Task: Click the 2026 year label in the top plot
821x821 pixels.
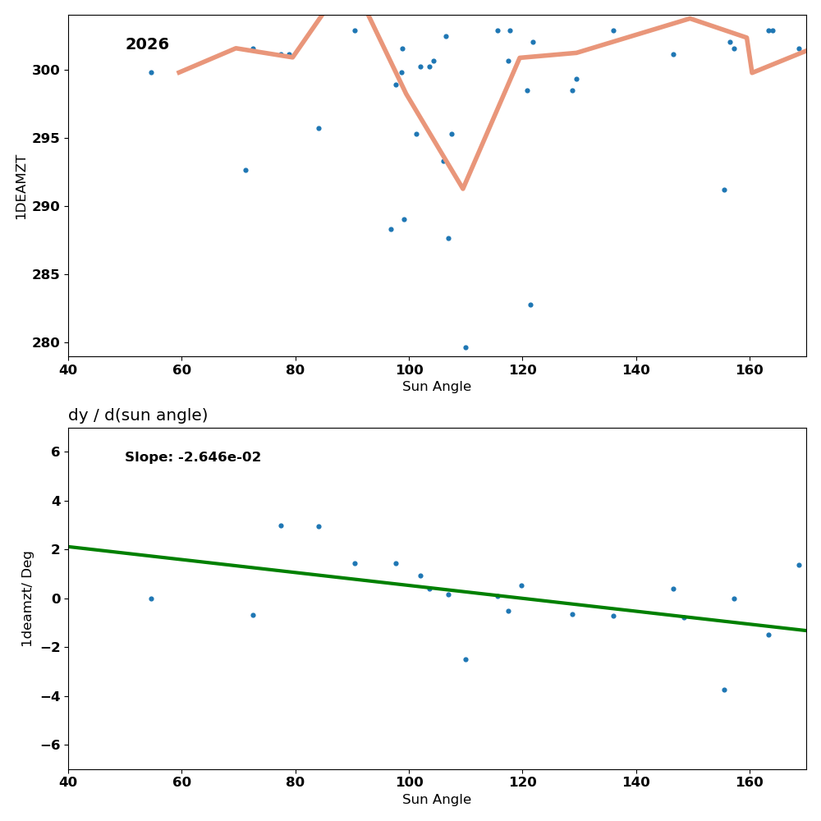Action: pos(147,44)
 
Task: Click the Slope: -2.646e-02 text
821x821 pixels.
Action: pos(193,457)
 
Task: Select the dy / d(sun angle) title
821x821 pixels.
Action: pos(138,415)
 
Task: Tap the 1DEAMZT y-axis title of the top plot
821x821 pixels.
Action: pos(21,186)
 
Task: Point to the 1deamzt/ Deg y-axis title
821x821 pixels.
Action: pos(27,599)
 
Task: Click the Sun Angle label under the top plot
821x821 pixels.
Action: pos(437,387)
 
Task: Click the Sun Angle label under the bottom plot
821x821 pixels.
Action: pos(437,800)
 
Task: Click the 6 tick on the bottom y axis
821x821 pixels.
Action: pos(55,452)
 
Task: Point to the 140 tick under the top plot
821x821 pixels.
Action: pos(636,369)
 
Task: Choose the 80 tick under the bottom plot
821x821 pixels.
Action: pos(296,782)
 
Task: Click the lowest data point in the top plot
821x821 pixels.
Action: pos(466,347)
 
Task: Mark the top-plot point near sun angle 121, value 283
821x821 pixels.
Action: pos(530,305)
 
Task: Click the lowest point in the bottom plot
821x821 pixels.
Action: pos(724,690)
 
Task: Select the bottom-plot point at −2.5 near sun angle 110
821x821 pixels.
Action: pos(466,659)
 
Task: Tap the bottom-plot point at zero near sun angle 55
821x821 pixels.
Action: pos(151,599)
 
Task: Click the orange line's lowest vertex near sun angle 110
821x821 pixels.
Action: pos(463,189)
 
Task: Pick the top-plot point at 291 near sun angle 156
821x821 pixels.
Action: pos(724,190)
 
